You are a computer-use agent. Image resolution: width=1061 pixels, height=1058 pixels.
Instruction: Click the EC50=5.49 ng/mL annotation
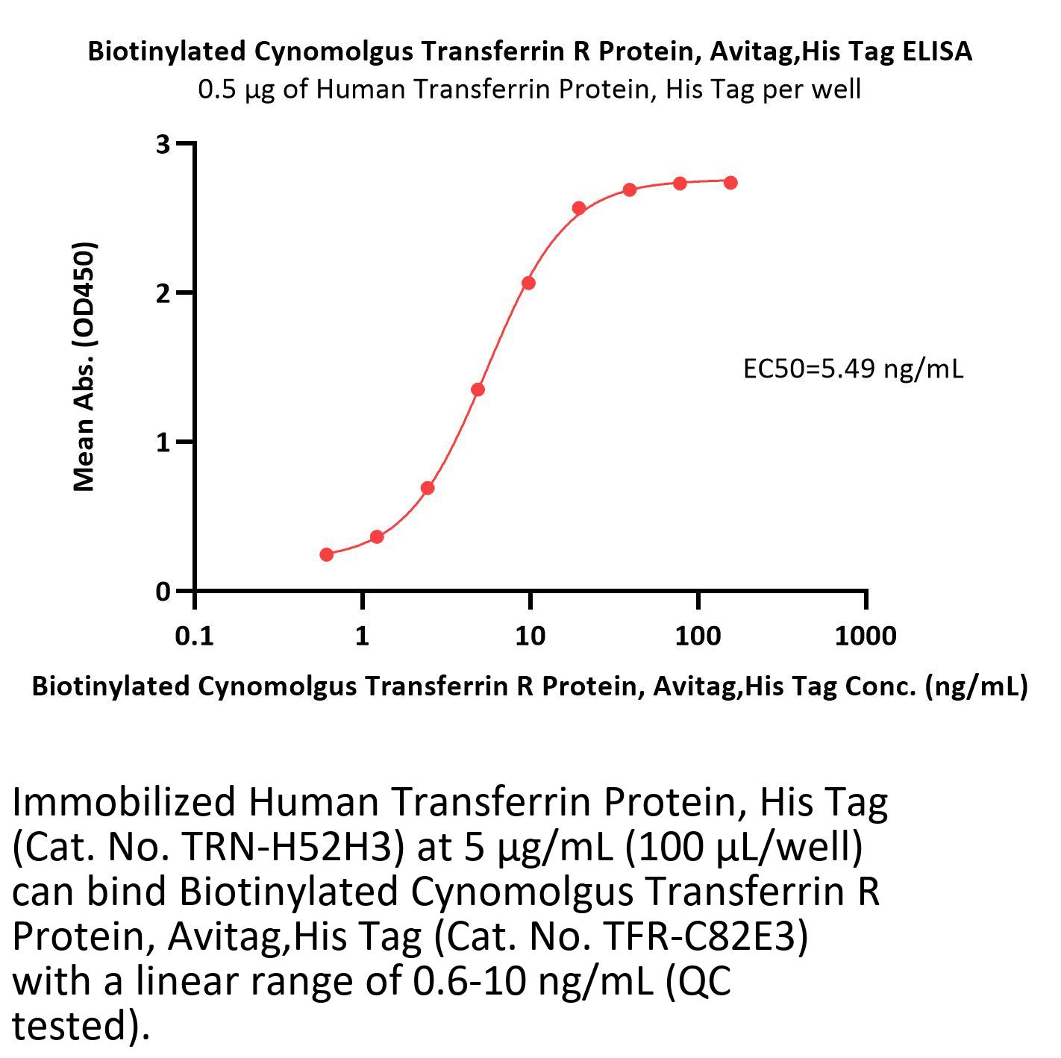[853, 369]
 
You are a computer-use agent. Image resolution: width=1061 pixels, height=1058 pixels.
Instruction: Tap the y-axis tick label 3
[163, 144]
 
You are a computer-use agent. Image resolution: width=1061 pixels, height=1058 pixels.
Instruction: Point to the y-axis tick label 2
[163, 292]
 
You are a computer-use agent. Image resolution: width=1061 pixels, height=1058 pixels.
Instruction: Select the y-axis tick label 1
[163, 442]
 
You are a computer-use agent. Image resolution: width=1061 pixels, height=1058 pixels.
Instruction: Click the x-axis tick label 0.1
[194, 636]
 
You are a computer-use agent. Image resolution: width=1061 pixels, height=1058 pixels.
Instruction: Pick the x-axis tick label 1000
[866, 636]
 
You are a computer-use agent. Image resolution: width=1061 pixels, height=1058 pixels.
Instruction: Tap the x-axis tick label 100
[698, 636]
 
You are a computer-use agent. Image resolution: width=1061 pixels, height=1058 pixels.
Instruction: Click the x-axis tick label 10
[530, 636]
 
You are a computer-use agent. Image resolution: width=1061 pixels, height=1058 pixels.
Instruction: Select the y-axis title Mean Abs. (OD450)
[84, 366]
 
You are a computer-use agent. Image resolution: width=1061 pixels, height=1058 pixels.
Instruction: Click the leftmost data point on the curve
[326, 554]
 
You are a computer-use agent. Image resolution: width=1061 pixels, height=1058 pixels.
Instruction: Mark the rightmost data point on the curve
[730, 183]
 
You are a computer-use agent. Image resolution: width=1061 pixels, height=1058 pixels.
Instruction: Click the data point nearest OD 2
[528, 283]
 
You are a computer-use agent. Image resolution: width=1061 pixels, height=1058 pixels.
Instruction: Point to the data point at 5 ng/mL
[478, 389]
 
